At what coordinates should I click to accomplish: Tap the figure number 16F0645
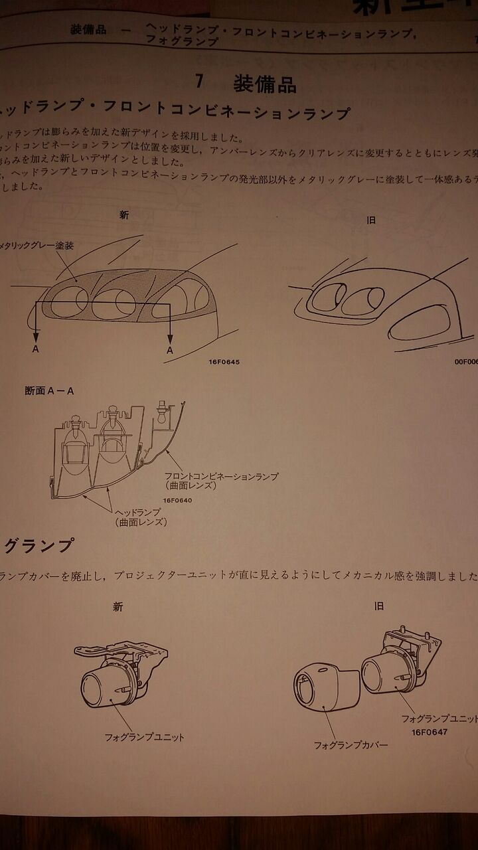tap(226, 363)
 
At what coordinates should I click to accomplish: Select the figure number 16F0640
tap(176, 500)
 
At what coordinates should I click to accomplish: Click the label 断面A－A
tap(49, 390)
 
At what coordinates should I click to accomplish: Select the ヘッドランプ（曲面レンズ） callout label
tap(140, 517)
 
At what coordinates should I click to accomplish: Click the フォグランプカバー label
tap(351, 745)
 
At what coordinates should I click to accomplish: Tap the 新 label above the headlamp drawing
tap(123, 214)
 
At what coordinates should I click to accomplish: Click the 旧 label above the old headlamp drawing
tap(371, 220)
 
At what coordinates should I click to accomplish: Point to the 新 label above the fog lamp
tap(118, 606)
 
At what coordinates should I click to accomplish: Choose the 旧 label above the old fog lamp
tap(378, 606)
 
